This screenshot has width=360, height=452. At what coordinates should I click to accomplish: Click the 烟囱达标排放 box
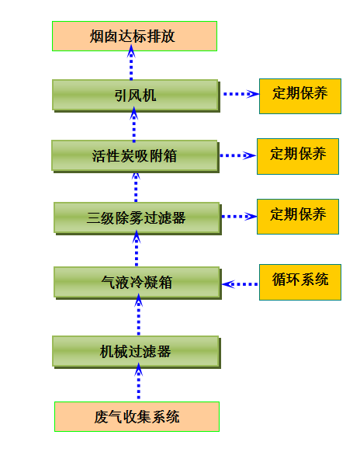click(134, 36)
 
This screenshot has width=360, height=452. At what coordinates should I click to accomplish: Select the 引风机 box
click(136, 96)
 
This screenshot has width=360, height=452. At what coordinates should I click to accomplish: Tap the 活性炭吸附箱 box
click(135, 156)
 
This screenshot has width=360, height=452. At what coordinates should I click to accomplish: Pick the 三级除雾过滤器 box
click(137, 218)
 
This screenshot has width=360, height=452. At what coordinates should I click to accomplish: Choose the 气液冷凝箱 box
click(137, 283)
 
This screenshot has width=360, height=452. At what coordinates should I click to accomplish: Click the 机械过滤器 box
click(137, 352)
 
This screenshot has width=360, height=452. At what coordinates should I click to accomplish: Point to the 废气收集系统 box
click(137, 416)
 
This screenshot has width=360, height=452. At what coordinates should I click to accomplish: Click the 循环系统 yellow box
click(300, 282)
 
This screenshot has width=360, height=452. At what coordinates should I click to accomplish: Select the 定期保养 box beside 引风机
click(300, 96)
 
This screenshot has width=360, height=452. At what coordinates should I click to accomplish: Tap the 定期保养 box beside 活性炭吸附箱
click(298, 157)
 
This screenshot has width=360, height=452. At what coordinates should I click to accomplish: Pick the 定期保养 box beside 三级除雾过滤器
click(298, 217)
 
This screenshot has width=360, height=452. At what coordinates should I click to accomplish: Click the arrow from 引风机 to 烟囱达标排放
click(131, 63)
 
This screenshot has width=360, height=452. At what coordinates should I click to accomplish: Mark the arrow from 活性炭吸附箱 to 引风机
click(134, 124)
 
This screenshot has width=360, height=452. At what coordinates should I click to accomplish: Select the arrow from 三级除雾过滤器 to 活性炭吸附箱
click(136, 187)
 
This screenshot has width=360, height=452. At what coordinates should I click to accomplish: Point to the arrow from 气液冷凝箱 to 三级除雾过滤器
click(137, 249)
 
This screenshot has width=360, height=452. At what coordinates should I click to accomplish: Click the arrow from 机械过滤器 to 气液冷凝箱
click(139, 315)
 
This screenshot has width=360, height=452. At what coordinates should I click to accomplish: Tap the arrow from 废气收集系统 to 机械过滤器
click(139, 381)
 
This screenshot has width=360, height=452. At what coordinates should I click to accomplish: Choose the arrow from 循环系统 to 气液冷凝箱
click(240, 284)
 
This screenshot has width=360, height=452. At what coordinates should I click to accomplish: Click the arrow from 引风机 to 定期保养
click(241, 94)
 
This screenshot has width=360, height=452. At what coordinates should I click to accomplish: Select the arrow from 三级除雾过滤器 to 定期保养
click(239, 217)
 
